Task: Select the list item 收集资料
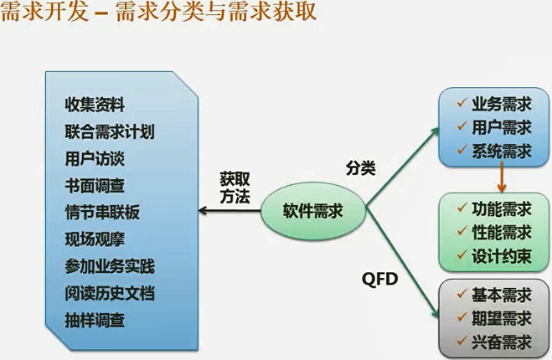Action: click(95, 105)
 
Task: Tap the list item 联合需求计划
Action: click(110, 132)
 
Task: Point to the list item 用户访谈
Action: click(95, 159)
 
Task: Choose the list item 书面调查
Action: click(95, 186)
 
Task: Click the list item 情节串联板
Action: click(102, 213)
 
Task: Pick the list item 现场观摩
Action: click(95, 239)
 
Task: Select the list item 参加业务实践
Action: click(110, 267)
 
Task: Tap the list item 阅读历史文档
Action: click(110, 294)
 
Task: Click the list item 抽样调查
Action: click(95, 321)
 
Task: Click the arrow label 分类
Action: click(361, 167)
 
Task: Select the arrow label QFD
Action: click(379, 277)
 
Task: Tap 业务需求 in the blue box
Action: click(502, 105)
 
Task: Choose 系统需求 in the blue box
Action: click(502, 152)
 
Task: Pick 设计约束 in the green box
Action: click(502, 256)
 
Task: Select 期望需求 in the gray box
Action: click(502, 318)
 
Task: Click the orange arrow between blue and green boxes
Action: click(500, 177)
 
